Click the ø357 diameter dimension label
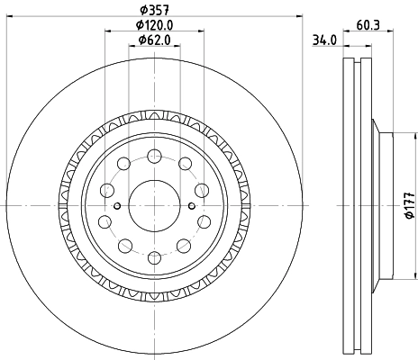click(x=152, y=12)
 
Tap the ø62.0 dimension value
click(x=154, y=40)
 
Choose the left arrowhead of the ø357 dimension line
click(x=8, y=19)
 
